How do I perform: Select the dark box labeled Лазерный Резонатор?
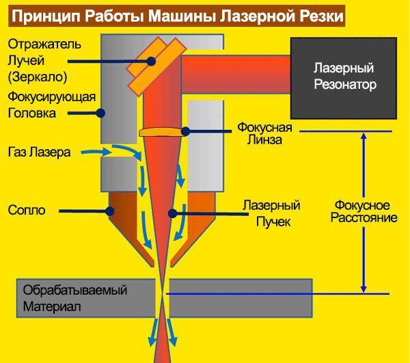click(x=345, y=77)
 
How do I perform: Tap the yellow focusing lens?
click(x=162, y=130)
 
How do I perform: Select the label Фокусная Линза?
click(x=264, y=133)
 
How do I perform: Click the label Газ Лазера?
click(x=40, y=152)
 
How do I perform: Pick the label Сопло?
click(x=27, y=210)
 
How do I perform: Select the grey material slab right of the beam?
click(x=239, y=294)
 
